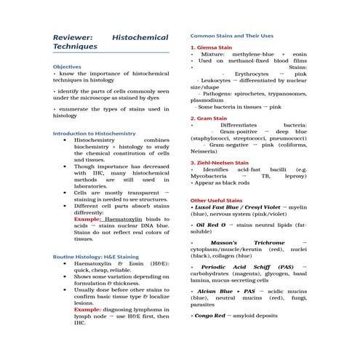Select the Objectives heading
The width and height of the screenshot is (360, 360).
[x=68, y=66]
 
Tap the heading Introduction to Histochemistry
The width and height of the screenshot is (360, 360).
[x=95, y=134]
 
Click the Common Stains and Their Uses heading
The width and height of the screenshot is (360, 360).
[x=232, y=35]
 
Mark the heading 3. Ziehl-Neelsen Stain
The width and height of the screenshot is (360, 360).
[x=219, y=163]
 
